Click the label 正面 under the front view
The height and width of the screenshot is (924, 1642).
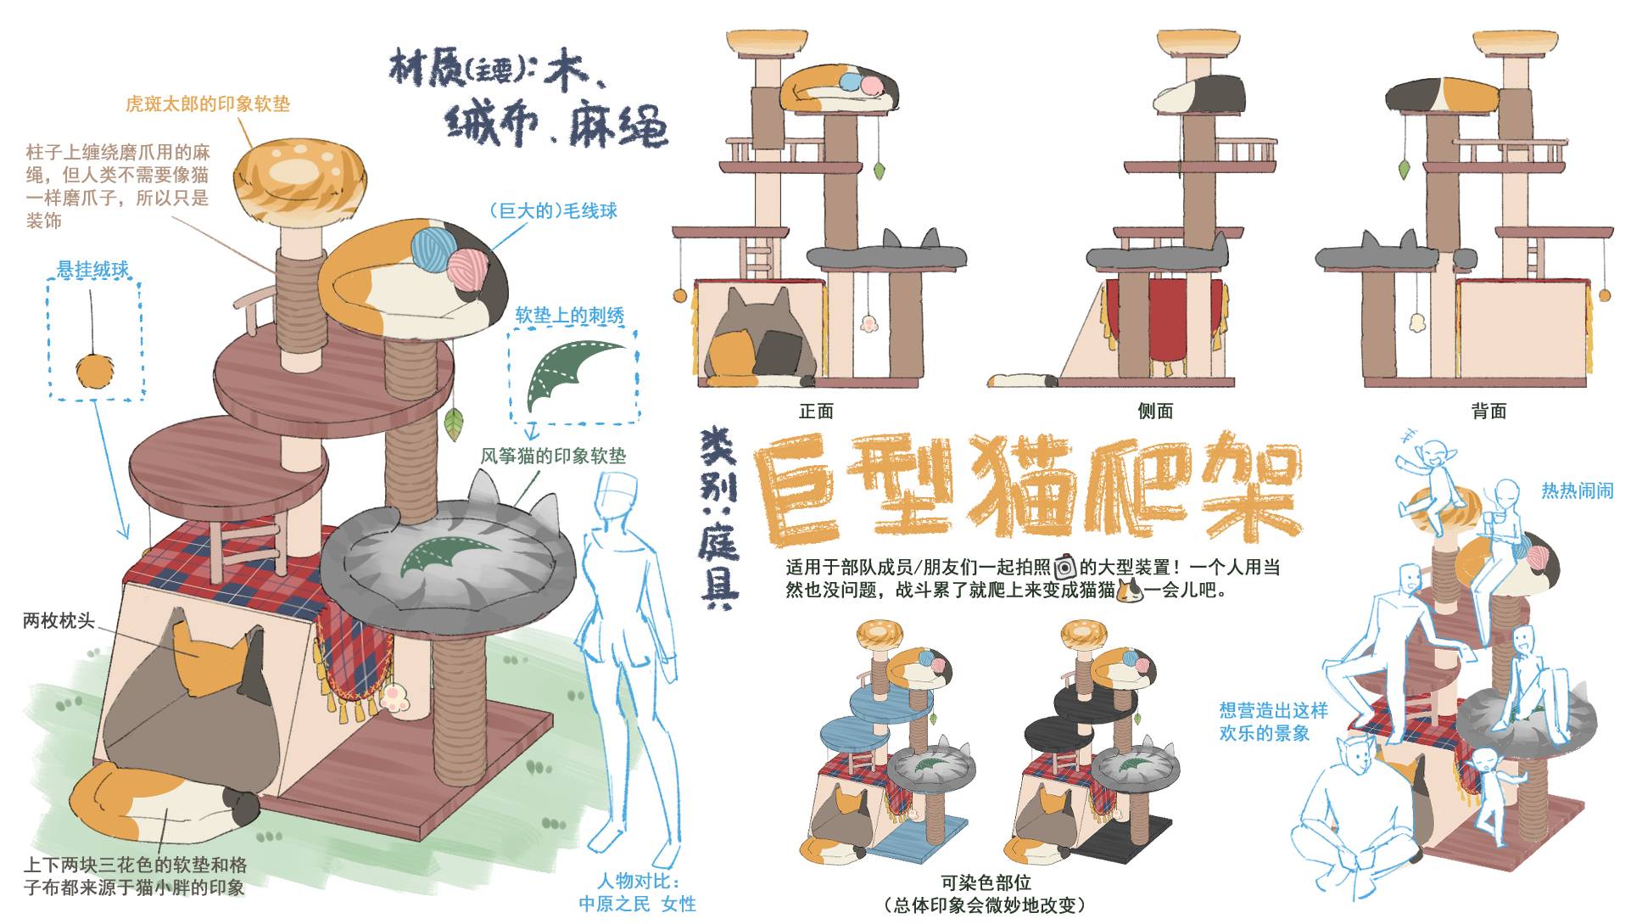coord(816,412)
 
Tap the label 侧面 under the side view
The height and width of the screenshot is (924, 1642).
coord(1154,412)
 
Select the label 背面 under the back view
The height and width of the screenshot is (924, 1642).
coord(1488,412)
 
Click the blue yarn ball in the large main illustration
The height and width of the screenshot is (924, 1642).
coord(433,244)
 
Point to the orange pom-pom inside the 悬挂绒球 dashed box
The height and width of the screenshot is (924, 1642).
coord(92,372)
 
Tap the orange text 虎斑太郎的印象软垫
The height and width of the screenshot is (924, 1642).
coord(208,104)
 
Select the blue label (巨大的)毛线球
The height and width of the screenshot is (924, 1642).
coord(553,210)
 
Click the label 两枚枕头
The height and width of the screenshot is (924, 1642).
coord(59,620)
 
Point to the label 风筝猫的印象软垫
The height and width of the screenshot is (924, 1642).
coord(553,456)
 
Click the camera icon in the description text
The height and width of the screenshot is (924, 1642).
coord(1064,567)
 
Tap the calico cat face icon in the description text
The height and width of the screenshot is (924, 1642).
coord(1130,590)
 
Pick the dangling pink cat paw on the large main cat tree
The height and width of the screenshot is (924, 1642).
coord(393,698)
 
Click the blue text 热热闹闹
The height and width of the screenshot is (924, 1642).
coord(1577,490)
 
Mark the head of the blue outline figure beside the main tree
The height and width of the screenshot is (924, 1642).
coord(617,490)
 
